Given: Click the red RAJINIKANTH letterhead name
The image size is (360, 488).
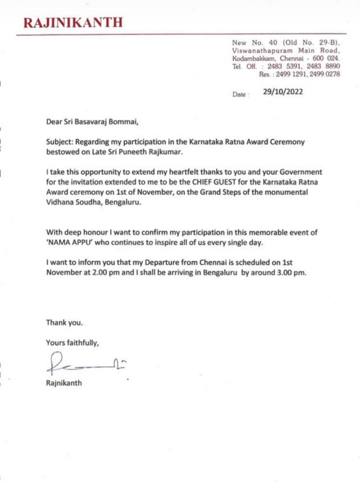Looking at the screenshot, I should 74,23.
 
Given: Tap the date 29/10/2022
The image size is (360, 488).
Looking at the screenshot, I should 283,92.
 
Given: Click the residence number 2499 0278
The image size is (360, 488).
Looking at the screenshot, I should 326,74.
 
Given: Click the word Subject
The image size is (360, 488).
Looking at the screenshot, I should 61,142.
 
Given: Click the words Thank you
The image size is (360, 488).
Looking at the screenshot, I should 64,323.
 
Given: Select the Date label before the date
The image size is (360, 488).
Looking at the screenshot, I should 239,95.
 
